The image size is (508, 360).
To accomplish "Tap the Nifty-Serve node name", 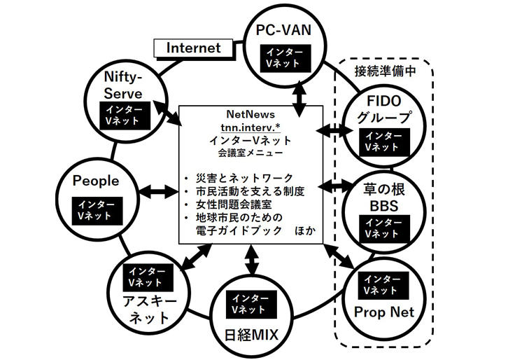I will point(123,84).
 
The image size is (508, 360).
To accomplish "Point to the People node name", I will point(96,181).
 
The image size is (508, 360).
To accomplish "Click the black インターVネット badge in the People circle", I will point(96,209).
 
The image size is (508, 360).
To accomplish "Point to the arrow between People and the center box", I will point(160,191).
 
